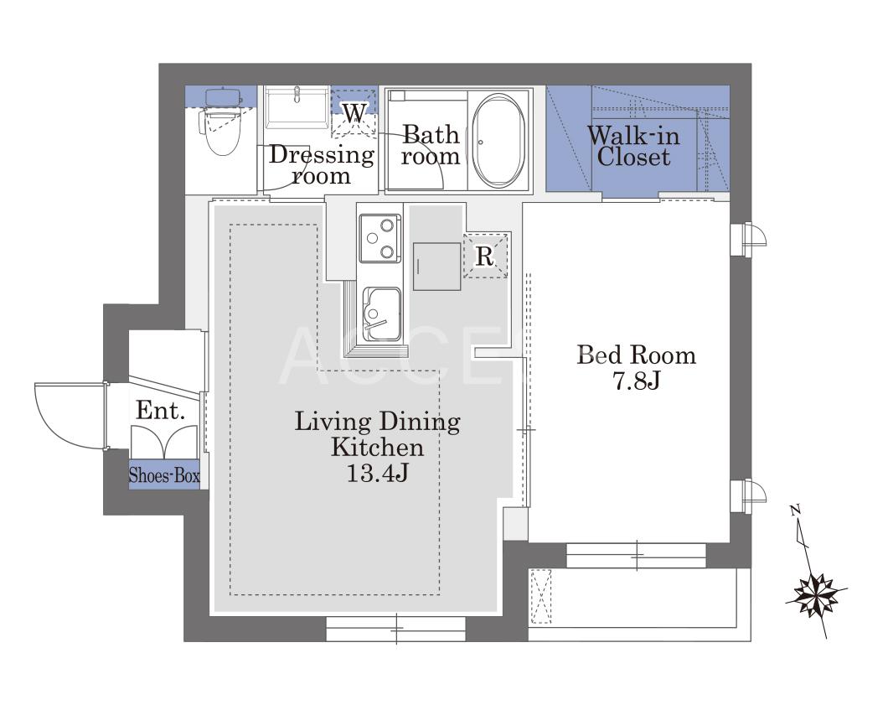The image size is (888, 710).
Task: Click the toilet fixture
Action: [221, 122]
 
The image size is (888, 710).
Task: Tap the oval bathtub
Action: [499, 141]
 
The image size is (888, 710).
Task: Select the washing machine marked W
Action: [354, 113]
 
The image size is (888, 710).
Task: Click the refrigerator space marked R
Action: [485, 256]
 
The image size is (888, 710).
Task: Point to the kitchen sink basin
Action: [381, 314]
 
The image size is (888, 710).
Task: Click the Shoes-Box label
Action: [164, 474]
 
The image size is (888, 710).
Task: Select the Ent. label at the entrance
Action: [160, 411]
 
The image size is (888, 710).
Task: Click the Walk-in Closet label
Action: [633, 146]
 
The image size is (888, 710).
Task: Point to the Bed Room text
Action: [636, 355]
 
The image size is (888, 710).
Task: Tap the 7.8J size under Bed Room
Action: [637, 381]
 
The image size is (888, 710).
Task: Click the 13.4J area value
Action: [377, 473]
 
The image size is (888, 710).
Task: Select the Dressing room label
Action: [321, 164]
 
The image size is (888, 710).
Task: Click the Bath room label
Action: [431, 145]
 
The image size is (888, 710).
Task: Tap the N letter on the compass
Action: [795, 509]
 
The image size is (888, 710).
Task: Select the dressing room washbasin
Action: [297, 107]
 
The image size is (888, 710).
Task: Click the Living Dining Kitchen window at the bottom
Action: [396, 629]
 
